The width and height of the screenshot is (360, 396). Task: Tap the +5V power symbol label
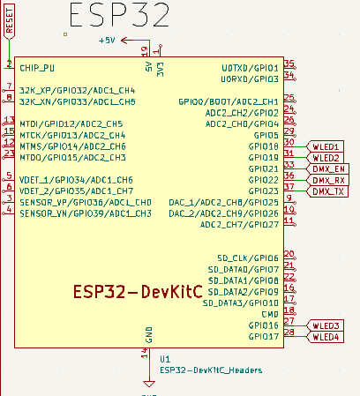107,41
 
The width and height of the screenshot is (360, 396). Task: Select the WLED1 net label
326,146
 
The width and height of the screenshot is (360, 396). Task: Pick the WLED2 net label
326,157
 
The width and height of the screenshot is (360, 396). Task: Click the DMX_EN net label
329,168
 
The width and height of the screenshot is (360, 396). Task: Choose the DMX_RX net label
329,180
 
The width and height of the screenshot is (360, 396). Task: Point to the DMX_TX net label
329,191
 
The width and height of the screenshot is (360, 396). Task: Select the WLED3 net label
326,325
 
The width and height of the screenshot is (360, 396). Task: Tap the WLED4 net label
326,337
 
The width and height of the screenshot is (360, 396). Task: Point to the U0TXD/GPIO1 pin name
250,67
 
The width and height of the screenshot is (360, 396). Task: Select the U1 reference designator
165,359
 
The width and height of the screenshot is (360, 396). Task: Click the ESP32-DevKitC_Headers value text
211,370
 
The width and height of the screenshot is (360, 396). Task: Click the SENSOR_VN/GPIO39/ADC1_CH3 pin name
86,213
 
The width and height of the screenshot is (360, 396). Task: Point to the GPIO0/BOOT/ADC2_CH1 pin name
229,101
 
